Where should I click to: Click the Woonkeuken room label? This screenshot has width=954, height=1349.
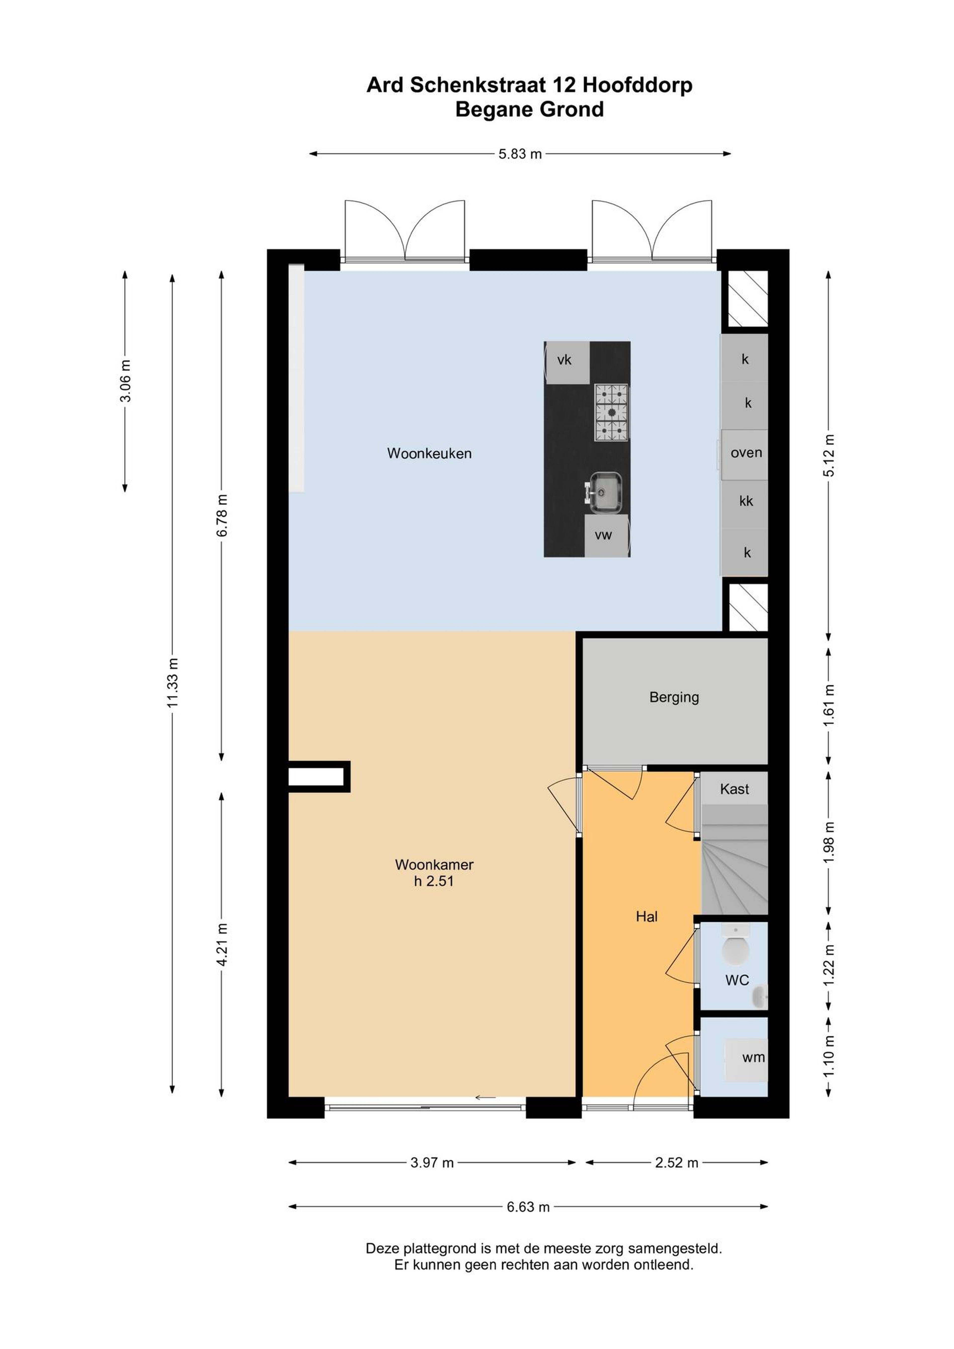tap(429, 454)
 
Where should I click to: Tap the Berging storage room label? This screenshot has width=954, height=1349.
tap(674, 697)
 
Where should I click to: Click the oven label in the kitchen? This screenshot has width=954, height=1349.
tap(747, 453)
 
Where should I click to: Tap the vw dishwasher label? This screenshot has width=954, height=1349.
tap(604, 535)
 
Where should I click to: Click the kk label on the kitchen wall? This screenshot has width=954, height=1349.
tap(747, 501)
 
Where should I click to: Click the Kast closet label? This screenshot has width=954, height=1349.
tap(735, 789)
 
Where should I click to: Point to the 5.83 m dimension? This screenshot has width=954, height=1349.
tap(520, 154)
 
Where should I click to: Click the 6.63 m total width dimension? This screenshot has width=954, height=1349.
tap(528, 1207)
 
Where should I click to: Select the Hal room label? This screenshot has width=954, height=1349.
tap(647, 917)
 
